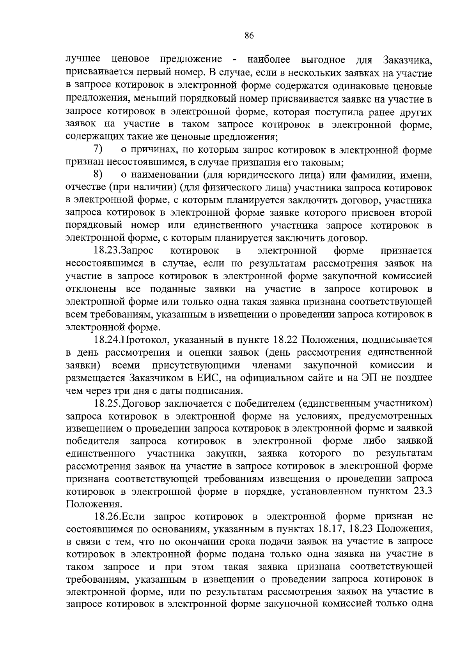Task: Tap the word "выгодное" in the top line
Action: [323, 60]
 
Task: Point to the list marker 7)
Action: [98, 149]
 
